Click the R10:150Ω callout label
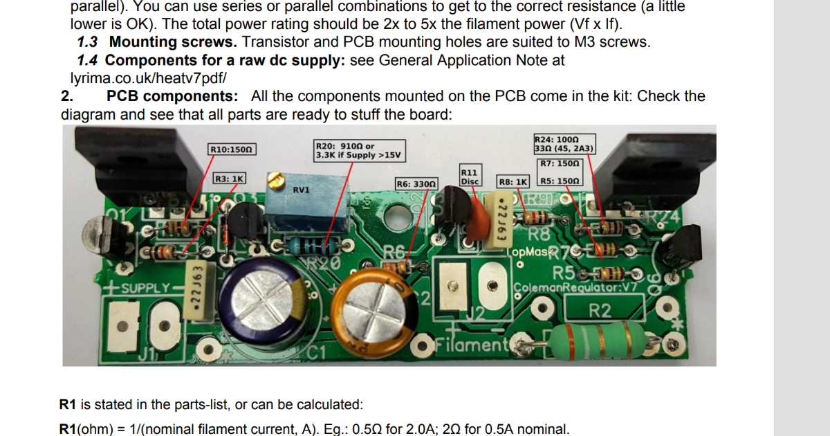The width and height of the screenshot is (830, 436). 232,149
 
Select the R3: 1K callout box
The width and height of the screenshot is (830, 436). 229,179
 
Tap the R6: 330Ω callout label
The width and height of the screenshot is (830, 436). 416,183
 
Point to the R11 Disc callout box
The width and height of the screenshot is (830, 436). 469,176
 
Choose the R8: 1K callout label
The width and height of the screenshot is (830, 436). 513,181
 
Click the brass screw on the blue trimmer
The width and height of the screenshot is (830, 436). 275,182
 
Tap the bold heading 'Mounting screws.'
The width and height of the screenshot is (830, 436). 173,42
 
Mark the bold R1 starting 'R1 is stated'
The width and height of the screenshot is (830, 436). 68,404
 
